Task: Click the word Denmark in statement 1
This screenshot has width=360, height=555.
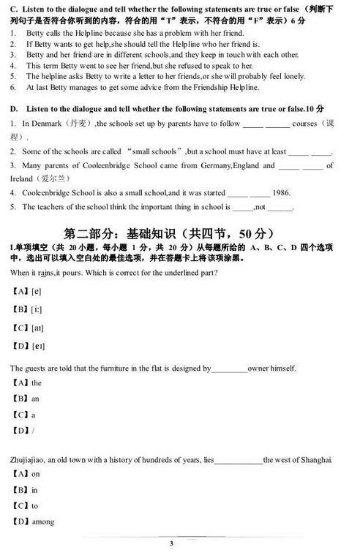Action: [50, 124]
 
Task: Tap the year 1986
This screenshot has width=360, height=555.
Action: [281, 193]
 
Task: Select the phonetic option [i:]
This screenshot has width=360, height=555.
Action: [36, 308]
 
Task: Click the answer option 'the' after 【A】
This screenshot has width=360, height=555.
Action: [37, 382]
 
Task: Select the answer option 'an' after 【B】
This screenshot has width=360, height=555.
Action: [35, 399]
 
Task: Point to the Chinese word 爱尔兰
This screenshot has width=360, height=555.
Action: [48, 178]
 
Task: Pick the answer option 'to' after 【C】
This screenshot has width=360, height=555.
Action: [35, 505]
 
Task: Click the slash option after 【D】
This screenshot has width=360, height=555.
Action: [33, 430]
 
